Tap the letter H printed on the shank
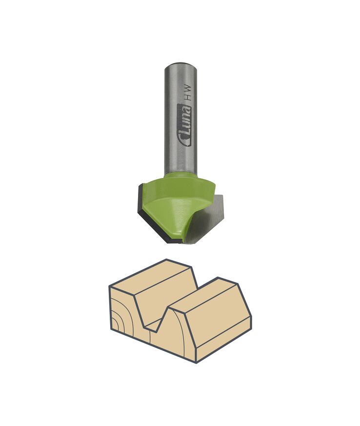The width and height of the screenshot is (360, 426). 187,97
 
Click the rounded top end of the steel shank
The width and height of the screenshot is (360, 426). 180,65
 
